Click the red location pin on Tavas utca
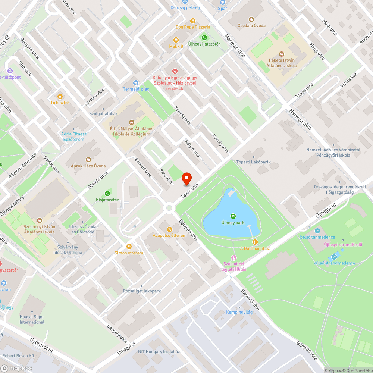pos(186,179)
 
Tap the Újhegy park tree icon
pos(233,216)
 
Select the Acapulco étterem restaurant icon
pos(169,229)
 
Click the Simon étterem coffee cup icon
pos(129,246)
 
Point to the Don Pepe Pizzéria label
pos(193,27)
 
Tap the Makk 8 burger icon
pos(176,40)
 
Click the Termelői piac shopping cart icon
pos(136,82)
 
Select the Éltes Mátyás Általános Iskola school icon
pos(131,122)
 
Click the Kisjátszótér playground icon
pos(107,193)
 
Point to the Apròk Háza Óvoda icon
pos(88,160)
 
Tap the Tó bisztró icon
pos(60,96)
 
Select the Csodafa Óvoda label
pos(252,25)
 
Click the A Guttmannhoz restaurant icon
pos(255,242)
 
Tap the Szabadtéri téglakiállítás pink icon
pos(234,257)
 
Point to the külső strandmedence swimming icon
pos(334,257)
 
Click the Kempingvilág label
pos(239,312)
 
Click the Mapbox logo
pos(17,368)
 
